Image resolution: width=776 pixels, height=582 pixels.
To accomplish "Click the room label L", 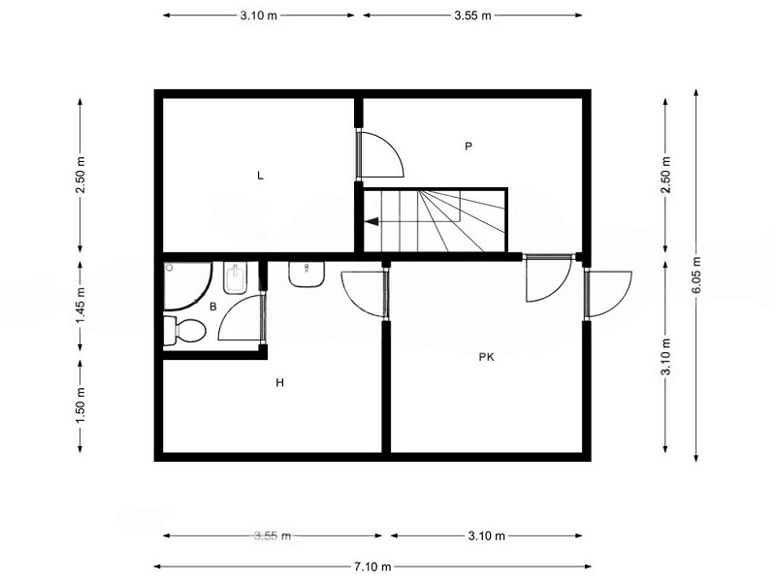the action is tap(260, 176).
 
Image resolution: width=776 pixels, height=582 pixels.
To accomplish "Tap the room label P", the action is tap(469, 146).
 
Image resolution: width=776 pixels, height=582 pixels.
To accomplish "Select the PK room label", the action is tap(487, 357).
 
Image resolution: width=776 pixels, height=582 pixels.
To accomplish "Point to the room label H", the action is tap(280, 382).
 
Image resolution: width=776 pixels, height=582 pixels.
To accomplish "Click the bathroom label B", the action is tap(212, 307).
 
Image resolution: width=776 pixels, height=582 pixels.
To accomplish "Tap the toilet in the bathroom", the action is tap(184, 331).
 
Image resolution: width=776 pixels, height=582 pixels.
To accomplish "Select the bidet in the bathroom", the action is tap(235, 277).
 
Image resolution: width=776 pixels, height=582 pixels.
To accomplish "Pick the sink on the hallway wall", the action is tap(307, 275).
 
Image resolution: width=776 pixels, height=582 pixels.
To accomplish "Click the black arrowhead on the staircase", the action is tap(372, 221).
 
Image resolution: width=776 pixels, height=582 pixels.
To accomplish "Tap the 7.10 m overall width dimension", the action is tap(372, 566).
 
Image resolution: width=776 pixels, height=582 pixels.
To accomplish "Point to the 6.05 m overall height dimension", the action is tap(696, 275).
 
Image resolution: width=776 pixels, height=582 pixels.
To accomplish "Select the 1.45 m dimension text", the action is tap(81, 306).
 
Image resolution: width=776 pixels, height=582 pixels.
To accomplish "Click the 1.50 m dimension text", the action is tap(81, 405).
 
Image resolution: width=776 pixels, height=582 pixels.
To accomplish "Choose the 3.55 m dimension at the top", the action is tap(472, 16).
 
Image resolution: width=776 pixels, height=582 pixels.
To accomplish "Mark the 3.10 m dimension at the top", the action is tap(259, 16).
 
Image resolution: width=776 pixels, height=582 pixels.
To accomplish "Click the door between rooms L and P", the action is tap(379, 154).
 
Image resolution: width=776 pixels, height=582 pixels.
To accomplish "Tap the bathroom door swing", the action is tap(240, 318).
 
